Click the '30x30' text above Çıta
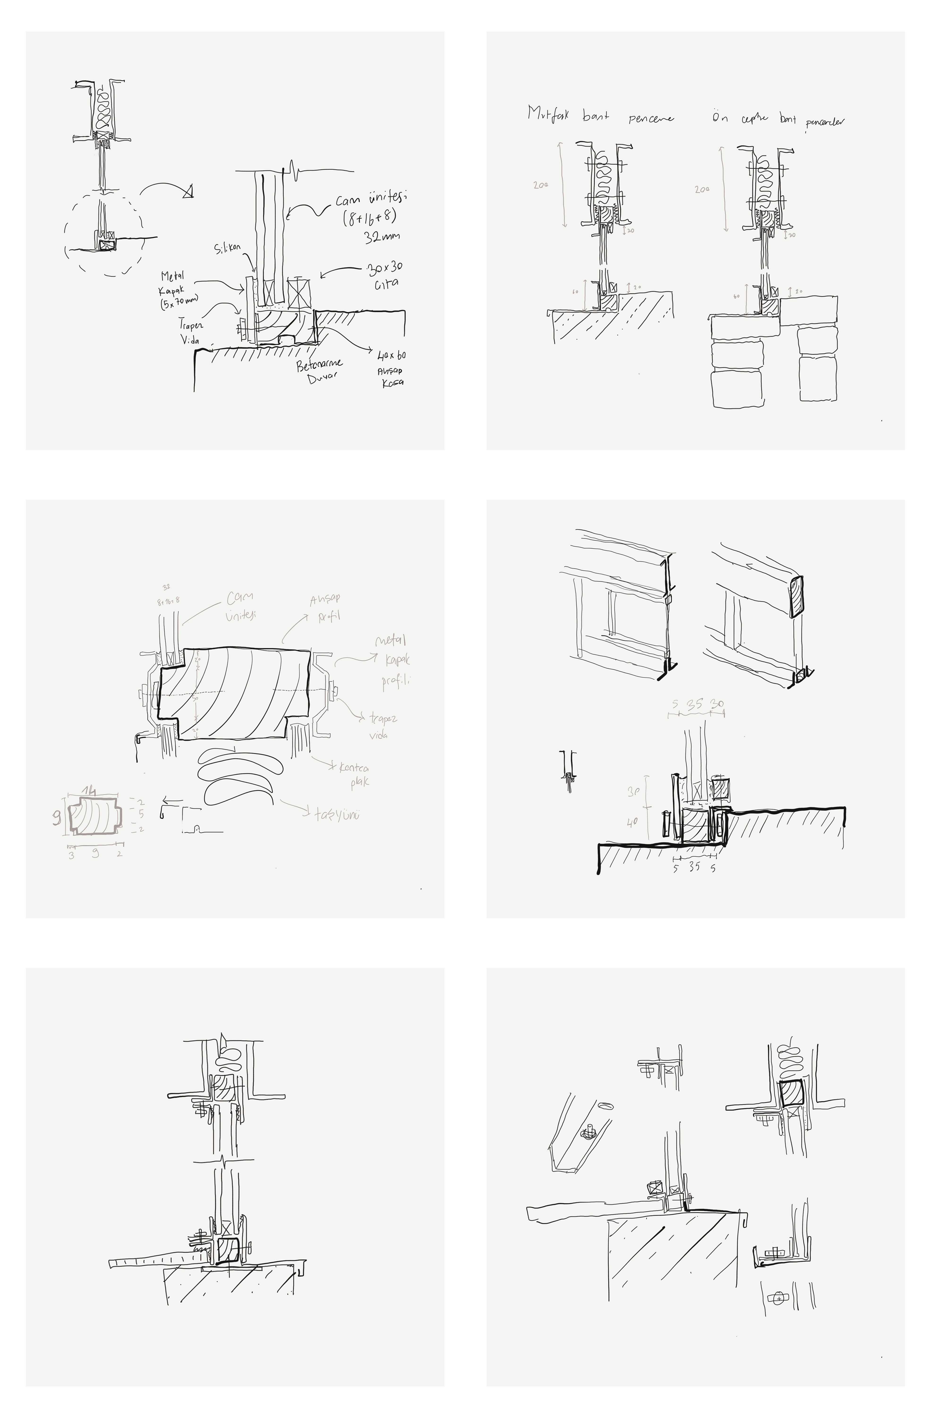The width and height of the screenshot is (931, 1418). pos(384,269)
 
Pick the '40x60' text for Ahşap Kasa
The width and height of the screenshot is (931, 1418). pos(391,356)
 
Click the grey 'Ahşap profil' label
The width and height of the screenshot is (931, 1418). pos(325,607)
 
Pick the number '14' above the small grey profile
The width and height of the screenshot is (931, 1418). pos(89,791)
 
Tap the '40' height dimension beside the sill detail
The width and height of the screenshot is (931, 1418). pos(632,822)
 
